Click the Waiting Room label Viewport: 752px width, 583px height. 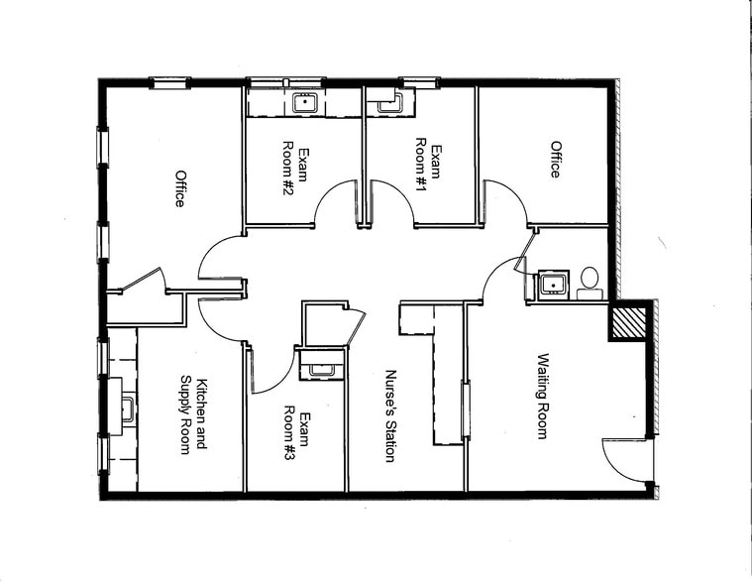coord(543,396)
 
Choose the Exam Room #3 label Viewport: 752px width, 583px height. coord(297,428)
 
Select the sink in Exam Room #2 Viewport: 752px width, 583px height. coord(303,101)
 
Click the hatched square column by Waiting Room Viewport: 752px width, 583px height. coord(628,323)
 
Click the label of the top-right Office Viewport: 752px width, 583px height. coord(556,160)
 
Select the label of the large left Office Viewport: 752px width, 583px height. coord(180,188)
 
